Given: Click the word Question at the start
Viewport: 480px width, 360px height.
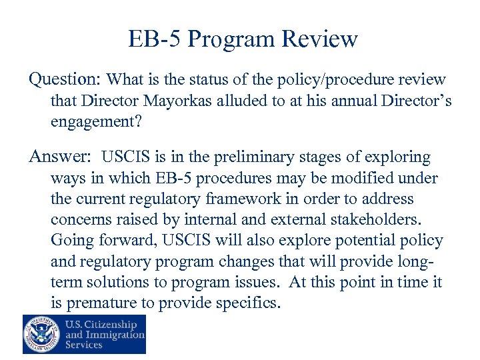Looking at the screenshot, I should coord(63,79).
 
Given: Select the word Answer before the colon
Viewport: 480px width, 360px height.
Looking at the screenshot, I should coord(57,157).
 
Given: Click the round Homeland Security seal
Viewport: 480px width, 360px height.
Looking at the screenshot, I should coord(41,333).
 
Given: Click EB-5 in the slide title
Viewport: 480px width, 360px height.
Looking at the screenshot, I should coord(155,39).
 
